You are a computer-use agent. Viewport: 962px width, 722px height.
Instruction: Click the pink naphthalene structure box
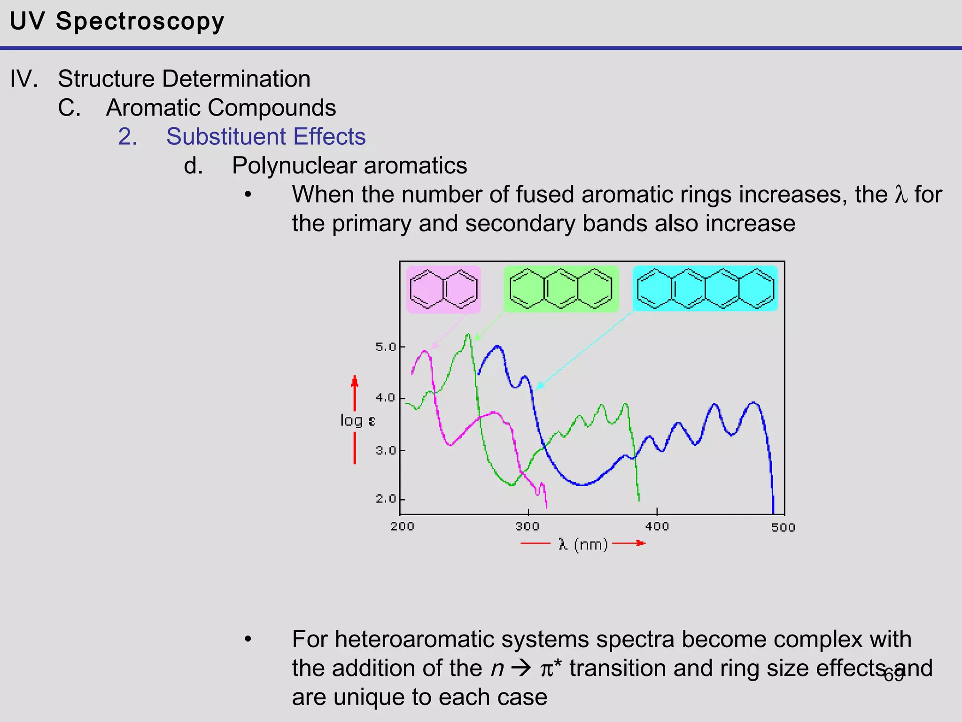(443, 290)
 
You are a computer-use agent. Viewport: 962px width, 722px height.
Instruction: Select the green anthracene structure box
(561, 289)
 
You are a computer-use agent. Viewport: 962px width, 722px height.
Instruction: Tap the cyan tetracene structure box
(705, 289)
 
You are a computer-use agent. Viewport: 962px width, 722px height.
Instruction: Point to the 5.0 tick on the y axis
(387, 347)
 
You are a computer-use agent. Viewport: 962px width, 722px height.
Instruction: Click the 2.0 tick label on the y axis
(387, 499)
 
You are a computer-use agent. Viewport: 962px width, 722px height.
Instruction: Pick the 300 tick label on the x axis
(528, 526)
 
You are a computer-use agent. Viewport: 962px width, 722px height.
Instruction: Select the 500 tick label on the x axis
(783, 527)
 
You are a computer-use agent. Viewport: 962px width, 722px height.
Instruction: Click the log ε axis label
(357, 420)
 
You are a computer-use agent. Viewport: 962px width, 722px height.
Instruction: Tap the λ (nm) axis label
(583, 544)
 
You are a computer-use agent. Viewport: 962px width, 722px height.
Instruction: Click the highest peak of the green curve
(468, 334)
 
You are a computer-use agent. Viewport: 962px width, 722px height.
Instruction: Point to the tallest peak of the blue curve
(497, 346)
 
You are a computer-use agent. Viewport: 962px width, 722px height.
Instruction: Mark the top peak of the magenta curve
(425, 351)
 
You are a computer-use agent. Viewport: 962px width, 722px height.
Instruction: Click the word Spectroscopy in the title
(140, 22)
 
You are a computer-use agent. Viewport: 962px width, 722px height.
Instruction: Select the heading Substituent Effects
(266, 137)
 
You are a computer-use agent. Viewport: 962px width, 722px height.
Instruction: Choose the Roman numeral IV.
(23, 78)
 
